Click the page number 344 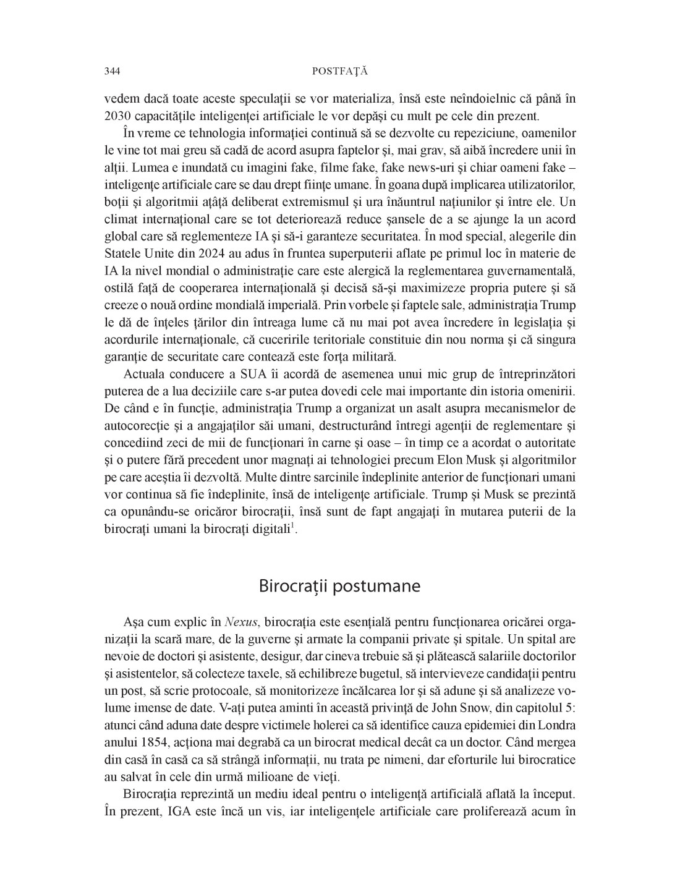tap(112, 71)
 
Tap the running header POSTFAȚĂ tap(340, 71)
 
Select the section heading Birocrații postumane tap(339, 585)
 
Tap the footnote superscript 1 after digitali tap(294, 527)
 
